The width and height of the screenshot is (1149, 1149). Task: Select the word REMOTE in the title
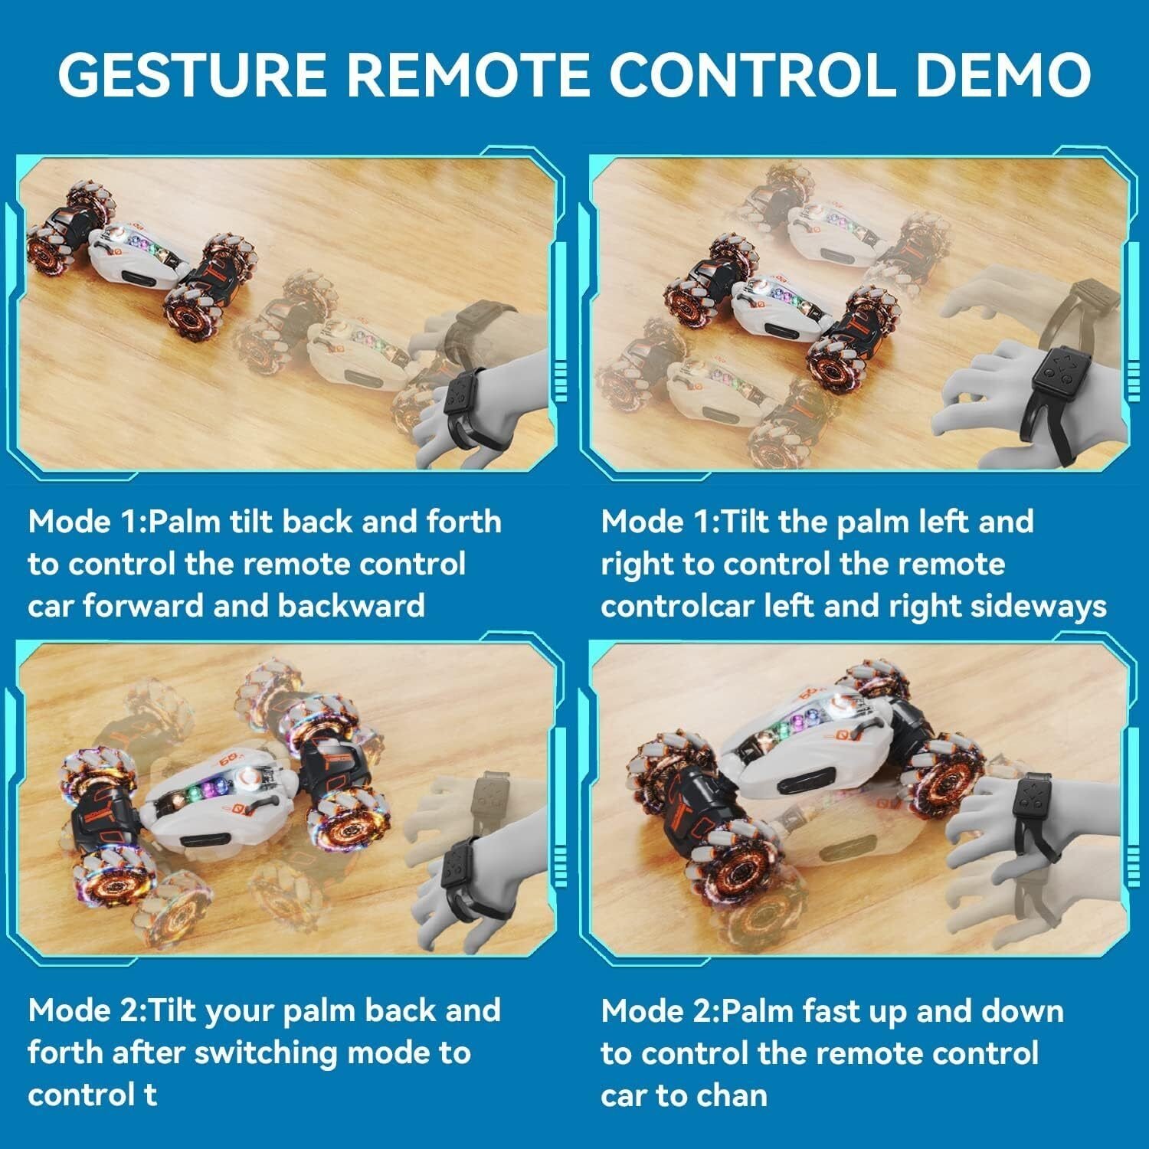pos(470,74)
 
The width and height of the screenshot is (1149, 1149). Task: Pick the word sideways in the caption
pos(1037,607)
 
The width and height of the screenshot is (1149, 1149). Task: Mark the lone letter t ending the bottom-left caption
pos(150,1095)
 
